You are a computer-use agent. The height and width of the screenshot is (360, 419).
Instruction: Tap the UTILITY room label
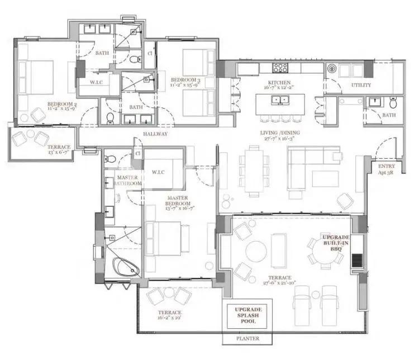361,86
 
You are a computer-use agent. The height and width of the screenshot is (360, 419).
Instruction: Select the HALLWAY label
156,134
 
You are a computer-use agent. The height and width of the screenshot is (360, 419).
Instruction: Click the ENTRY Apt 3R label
386,169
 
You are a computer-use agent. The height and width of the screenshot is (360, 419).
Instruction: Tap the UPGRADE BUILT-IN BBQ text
336,244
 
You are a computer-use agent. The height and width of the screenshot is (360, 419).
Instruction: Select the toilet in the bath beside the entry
393,102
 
